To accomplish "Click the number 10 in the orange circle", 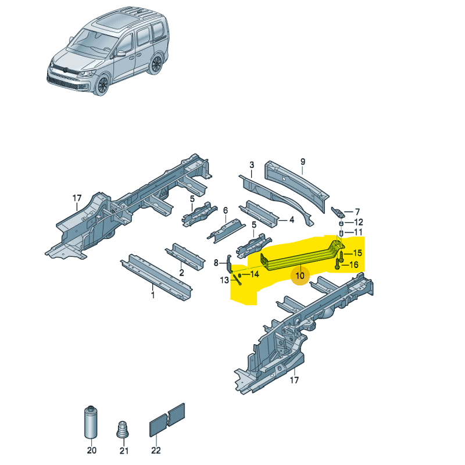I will pos(301,276).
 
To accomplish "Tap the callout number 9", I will pos(302,161).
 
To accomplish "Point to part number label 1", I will pos(153,295).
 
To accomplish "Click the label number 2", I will pos(181,272).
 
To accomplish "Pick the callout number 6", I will pos(225,210).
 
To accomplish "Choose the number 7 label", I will pos(357,212).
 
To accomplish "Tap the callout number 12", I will pos(358,222).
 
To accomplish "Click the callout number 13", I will pos(224,281).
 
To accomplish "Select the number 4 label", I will pos(292,220).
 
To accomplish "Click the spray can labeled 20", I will pos(91,423).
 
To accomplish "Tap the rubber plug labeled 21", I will pos(123,431).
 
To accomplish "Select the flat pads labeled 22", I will pos(167,419).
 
